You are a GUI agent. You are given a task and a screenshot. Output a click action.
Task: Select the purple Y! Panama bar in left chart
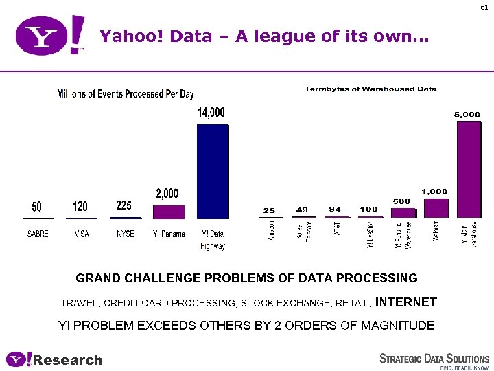pos(168,212)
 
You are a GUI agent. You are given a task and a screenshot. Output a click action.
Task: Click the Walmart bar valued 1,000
pos(436,208)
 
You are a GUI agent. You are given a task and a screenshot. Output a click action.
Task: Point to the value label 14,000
pos(211,112)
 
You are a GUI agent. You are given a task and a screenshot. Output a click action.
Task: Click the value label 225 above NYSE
pos(124,205)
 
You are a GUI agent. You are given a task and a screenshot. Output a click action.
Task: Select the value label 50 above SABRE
pos(38,206)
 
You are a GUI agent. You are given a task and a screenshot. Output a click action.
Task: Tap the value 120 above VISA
pos(81,206)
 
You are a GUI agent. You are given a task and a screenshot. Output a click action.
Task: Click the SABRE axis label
pos(38,234)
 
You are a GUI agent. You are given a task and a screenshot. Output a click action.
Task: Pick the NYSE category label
pos(125,234)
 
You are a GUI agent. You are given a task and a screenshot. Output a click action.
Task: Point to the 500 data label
pos(402,201)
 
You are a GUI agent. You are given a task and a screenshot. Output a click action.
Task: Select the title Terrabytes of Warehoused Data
pos(370,89)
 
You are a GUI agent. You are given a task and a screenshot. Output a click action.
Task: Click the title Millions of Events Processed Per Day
pos(126,94)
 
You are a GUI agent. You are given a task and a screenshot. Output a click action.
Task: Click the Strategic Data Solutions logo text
pos(434,359)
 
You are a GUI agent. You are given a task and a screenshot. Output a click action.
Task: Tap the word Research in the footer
pos(68,360)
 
